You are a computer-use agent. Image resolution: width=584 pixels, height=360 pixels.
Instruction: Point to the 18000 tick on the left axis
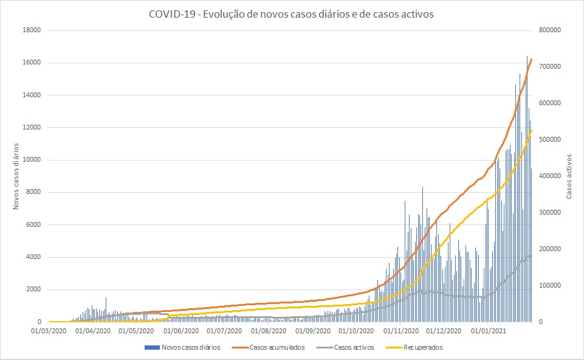pyautogui.click(x=32, y=30)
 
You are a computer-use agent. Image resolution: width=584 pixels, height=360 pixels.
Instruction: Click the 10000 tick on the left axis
pyautogui.click(x=32, y=160)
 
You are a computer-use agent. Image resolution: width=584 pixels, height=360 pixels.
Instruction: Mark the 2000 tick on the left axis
pyautogui.click(x=33, y=289)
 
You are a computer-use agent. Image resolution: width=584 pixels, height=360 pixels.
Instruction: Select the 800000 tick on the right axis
pyautogui.click(x=547, y=30)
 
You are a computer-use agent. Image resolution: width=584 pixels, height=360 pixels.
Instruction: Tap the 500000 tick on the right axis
pyautogui.click(x=547, y=140)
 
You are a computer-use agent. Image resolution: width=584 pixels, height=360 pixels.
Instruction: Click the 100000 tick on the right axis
pyautogui.click(x=547, y=286)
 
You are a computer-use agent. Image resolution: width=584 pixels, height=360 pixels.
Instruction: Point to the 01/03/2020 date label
pyautogui.click(x=50, y=331)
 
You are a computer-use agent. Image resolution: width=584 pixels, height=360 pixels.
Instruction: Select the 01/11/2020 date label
pyautogui.click(x=401, y=331)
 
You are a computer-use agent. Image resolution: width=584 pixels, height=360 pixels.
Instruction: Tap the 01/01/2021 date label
pyautogui.click(x=489, y=331)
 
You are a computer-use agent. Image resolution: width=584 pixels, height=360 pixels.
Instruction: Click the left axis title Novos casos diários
pyautogui.click(x=17, y=176)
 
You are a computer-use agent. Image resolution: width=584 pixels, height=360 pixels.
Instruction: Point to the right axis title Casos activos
pyautogui.click(x=569, y=176)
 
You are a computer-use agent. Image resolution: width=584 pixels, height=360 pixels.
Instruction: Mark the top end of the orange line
pyautogui.click(x=532, y=59)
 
